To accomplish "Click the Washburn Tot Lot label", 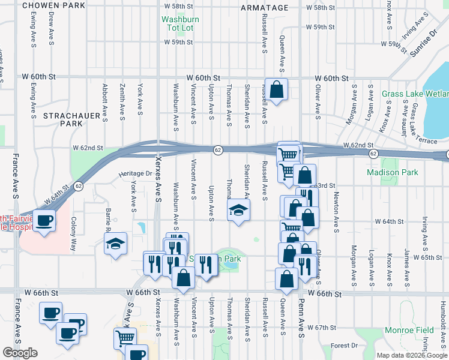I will (180, 23).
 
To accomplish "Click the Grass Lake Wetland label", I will (415, 94).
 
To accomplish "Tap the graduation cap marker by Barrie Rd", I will (115, 244).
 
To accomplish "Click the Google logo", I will (20, 353).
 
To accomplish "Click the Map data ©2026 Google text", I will (411, 355).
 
